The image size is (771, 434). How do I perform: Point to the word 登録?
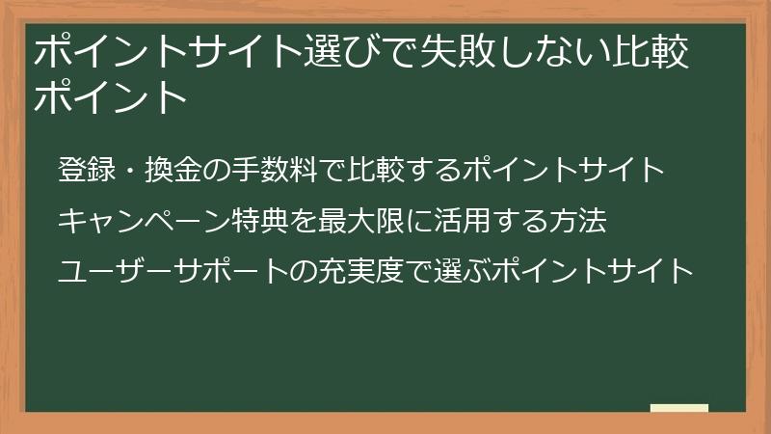86,171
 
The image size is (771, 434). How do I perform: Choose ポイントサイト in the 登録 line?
563,171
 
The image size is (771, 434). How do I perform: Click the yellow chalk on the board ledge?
679,408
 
